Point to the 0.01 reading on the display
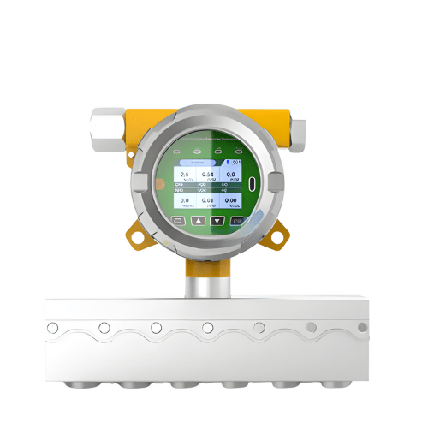(207, 199)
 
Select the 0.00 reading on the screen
(229, 199)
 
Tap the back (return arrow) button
(179, 220)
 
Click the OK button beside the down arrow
(237, 220)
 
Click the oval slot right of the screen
(253, 183)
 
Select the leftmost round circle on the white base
(53, 328)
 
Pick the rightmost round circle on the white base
(362, 327)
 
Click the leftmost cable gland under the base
(78, 382)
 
